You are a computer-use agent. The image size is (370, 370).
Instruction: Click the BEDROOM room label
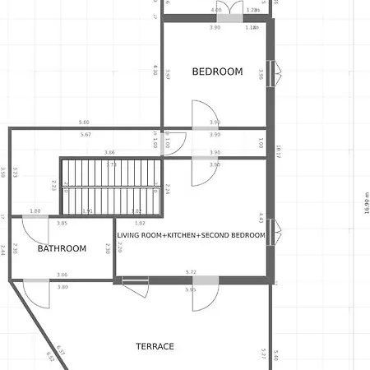[217, 72]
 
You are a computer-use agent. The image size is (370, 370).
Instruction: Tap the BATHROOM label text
[62, 248]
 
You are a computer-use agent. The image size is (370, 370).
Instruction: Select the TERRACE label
[155, 346]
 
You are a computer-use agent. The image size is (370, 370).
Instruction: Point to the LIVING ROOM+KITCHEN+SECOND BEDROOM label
[191, 235]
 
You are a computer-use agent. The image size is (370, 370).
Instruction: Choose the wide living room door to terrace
[206, 294]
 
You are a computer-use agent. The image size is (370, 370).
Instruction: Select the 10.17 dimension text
[280, 150]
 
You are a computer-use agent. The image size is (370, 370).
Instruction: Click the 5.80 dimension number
[84, 123]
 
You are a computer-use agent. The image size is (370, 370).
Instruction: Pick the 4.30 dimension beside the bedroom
[155, 71]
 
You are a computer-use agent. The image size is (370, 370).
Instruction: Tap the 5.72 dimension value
[191, 271]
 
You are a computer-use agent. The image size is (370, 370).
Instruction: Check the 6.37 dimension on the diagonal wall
[60, 351]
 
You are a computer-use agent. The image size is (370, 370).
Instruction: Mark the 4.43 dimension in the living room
[261, 218]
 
